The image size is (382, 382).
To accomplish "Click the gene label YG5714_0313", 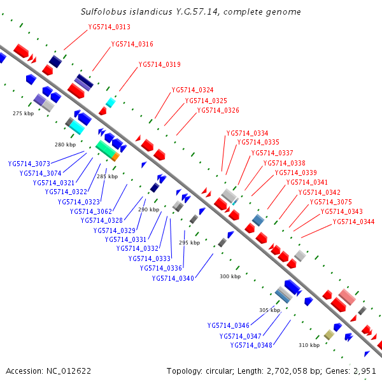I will coord(109,27).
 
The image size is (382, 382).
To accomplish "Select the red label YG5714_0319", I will coord(159,64).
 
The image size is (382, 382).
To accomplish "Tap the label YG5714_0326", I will coord(218,110).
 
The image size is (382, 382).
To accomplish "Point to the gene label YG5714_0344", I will coord(353,222).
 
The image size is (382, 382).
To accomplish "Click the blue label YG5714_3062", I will coord(91,211).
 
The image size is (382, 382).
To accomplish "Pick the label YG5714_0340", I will coord(173,278).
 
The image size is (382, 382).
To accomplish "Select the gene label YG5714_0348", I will coord(251,345).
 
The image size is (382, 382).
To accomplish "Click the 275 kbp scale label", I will coord(23,113).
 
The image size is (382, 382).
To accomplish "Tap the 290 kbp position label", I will coord(148,209).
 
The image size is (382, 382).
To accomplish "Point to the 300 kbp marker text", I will coord(230,276).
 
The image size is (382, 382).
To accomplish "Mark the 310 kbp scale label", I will coord(309,345).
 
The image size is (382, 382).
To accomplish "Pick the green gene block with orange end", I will coord(108,150).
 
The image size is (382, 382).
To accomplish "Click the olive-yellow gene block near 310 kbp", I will coord(329,334).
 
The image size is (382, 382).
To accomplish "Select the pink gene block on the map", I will coord(346,297).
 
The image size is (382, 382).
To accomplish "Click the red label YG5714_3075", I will coord(330,202).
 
